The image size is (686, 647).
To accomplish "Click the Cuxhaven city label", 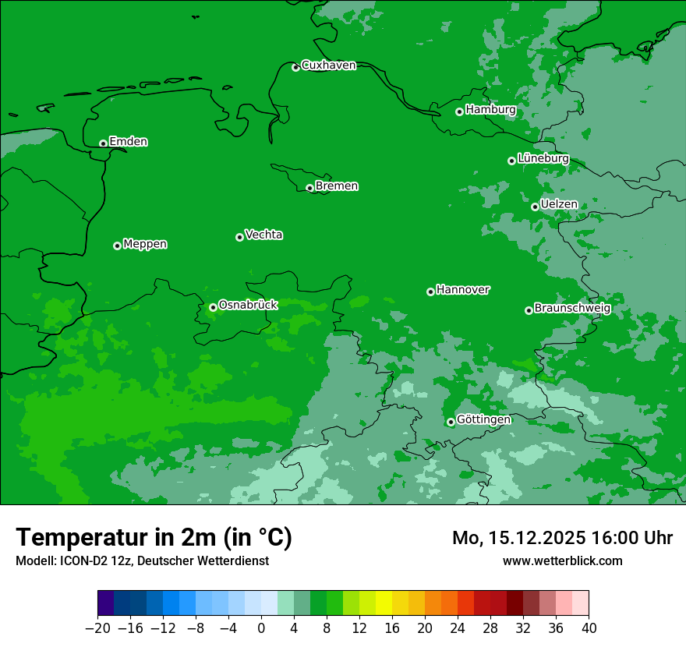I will pos(328,65).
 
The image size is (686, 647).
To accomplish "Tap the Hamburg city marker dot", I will pos(459,111).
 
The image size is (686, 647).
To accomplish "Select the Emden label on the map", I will pos(128,142).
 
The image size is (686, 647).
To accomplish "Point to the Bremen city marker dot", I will pos(309,188).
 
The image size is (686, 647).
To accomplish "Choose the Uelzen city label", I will pos(559,204).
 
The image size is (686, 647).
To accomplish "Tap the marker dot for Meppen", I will pos(117,246).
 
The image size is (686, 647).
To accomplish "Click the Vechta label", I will pos(263,235).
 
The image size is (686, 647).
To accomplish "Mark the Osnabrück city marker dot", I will pos(213,307).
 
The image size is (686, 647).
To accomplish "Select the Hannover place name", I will pos(462,290).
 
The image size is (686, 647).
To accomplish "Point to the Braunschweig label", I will pos(572,308).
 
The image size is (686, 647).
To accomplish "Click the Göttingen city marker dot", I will pos(451,422).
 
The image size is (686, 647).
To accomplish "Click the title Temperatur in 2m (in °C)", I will pos(154,538).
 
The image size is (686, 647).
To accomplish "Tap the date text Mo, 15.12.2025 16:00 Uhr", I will pos(562,538).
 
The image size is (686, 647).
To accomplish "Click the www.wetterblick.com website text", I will pos(562,560).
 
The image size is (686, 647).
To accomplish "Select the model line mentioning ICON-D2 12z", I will pos(142,560).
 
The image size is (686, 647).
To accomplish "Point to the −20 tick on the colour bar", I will pos(97,628).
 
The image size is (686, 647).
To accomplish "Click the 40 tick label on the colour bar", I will pos(589,628).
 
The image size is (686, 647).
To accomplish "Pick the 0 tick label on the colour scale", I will pos(261,628).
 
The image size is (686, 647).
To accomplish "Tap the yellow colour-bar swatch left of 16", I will pos(384,603).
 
